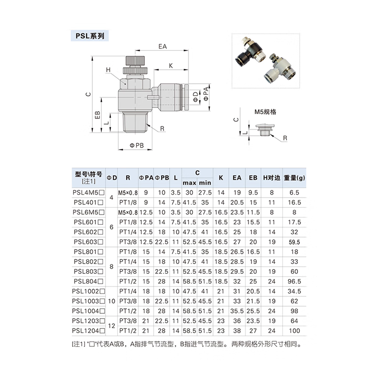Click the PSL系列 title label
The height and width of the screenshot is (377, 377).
tap(90, 36)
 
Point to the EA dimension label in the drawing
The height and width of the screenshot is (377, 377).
tap(163, 47)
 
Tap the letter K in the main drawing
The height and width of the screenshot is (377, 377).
tap(171, 66)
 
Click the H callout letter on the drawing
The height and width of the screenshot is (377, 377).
tap(108, 70)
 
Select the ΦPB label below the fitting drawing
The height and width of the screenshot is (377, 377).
tap(137, 146)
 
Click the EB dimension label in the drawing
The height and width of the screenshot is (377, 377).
tap(97, 115)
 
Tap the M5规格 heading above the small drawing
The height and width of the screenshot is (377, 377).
tap(265, 112)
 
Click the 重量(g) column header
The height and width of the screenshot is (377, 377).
tap(295, 178)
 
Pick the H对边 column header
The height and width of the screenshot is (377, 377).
tap(271, 178)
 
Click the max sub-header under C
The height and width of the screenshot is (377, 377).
tap(189, 183)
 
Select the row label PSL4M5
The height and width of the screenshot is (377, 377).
tap(88, 192)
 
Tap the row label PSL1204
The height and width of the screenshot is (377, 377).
tap(88, 331)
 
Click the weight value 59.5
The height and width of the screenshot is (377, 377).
tap(295, 242)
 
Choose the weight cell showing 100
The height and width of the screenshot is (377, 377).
tap(295, 331)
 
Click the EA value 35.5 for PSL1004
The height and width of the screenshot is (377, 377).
tap(237, 311)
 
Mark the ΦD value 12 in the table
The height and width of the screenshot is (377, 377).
tap(112, 326)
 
